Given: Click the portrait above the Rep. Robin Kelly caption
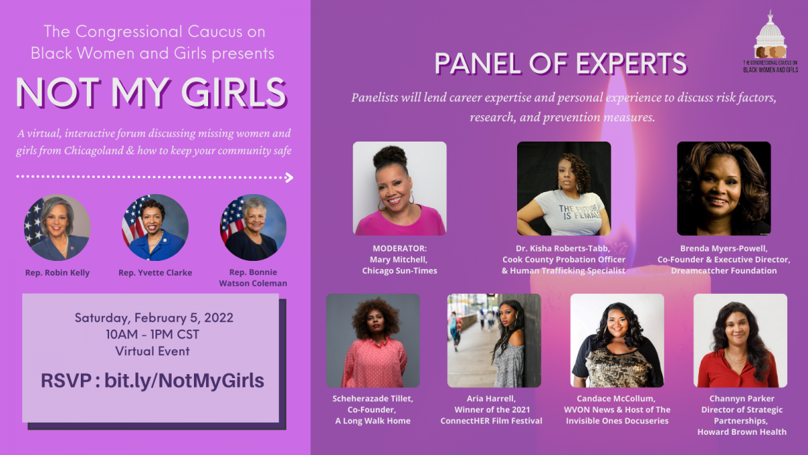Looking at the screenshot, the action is click(x=57, y=228).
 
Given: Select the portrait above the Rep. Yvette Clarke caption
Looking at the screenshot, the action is click(x=155, y=228).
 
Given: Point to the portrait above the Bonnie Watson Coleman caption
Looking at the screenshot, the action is click(x=253, y=228).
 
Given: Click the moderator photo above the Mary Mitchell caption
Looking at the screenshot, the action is click(x=400, y=189).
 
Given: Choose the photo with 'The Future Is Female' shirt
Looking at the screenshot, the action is click(x=564, y=189).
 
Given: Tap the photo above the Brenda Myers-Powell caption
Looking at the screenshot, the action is click(x=724, y=189).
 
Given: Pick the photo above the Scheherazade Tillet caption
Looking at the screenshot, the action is click(x=373, y=340).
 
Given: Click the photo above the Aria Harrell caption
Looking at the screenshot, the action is click(x=494, y=340).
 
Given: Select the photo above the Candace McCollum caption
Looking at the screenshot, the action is click(x=617, y=340).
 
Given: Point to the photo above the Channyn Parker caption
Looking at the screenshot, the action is click(x=740, y=340).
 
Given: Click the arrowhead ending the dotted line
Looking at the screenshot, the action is click(x=289, y=177).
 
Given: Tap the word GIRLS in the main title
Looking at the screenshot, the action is click(x=234, y=93).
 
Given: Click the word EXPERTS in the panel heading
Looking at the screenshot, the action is click(x=632, y=64).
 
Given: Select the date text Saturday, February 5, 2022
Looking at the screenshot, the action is click(x=154, y=317).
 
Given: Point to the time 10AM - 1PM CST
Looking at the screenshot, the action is click(x=152, y=334).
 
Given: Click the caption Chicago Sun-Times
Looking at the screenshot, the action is click(x=400, y=271).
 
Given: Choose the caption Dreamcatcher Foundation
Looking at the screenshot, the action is click(x=724, y=271).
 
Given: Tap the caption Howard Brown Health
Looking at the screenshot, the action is click(x=742, y=432).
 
